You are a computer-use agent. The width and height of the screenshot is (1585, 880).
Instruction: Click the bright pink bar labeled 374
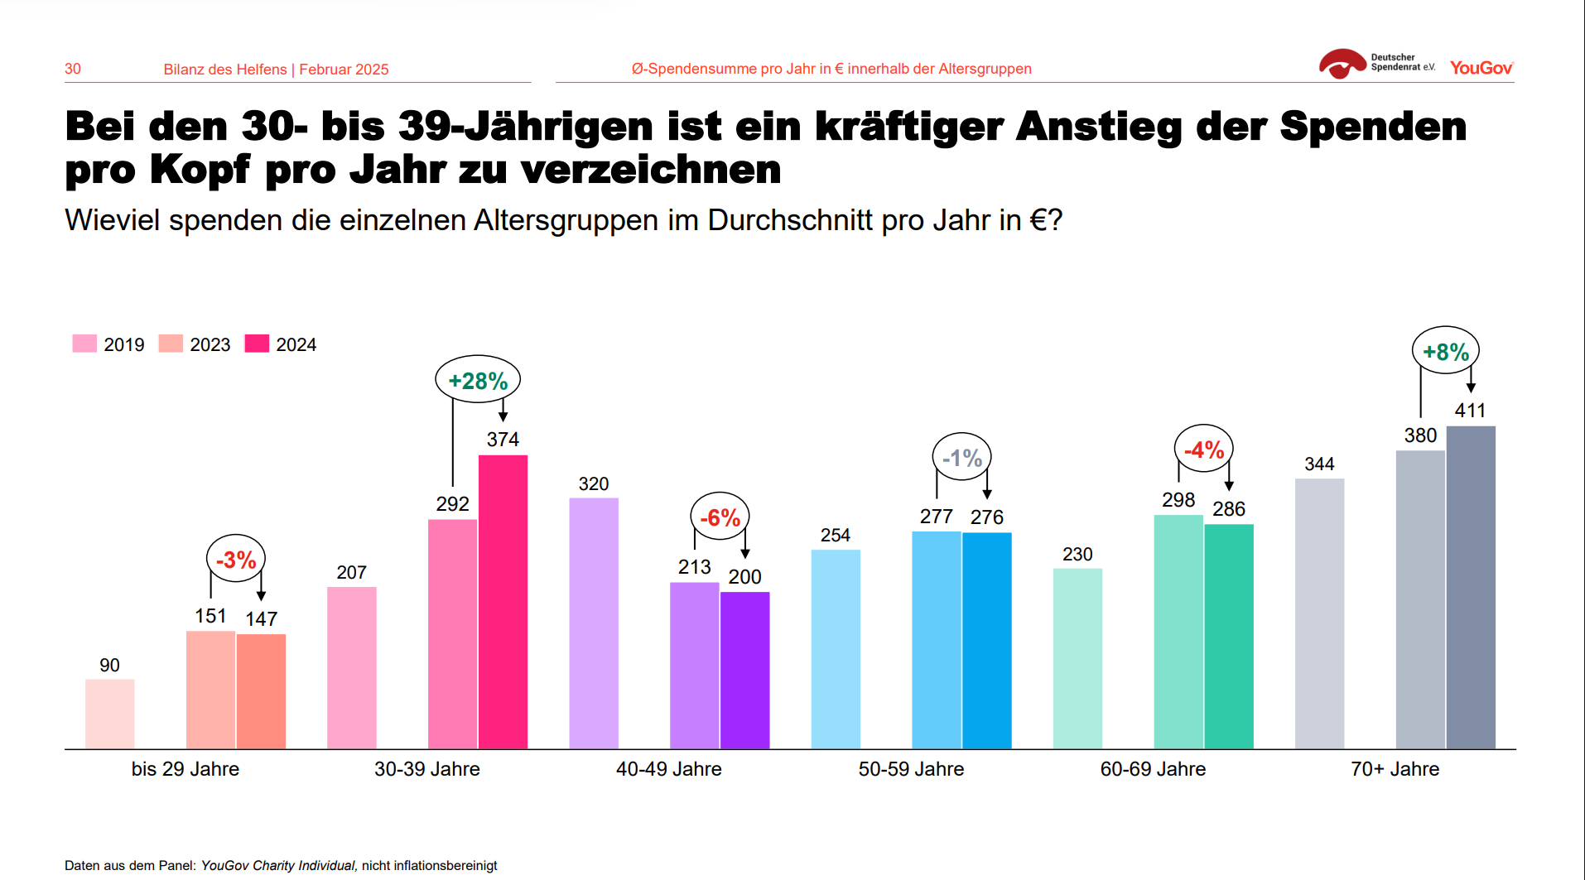tap(503, 602)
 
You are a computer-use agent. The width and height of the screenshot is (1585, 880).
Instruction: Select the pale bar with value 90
tap(109, 714)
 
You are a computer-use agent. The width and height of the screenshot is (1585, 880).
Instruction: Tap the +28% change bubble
tap(478, 380)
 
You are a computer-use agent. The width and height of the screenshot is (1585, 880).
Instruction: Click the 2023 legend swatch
tap(171, 344)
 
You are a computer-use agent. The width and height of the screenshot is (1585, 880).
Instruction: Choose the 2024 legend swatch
tap(257, 344)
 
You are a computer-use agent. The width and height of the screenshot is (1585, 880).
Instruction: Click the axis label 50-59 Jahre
tap(911, 769)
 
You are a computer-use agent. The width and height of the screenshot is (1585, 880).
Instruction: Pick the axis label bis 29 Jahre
tap(185, 769)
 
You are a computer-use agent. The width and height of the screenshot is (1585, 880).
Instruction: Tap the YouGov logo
tap(1481, 68)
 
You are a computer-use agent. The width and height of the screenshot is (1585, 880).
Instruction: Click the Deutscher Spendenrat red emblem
tap(1342, 64)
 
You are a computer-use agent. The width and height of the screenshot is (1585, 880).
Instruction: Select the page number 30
tap(73, 69)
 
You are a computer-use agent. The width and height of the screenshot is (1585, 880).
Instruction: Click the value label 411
tap(1470, 410)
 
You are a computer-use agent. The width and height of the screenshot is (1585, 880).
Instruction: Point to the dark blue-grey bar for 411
tap(1470, 588)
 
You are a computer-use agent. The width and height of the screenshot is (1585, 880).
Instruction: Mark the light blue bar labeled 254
tap(835, 649)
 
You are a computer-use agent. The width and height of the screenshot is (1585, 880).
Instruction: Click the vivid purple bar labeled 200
tap(744, 671)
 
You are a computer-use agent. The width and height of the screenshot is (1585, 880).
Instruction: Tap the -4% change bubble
tap(1203, 450)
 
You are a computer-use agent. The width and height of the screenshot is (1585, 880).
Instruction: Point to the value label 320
tap(593, 483)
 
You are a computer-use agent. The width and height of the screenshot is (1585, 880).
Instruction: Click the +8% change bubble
tap(1445, 351)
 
